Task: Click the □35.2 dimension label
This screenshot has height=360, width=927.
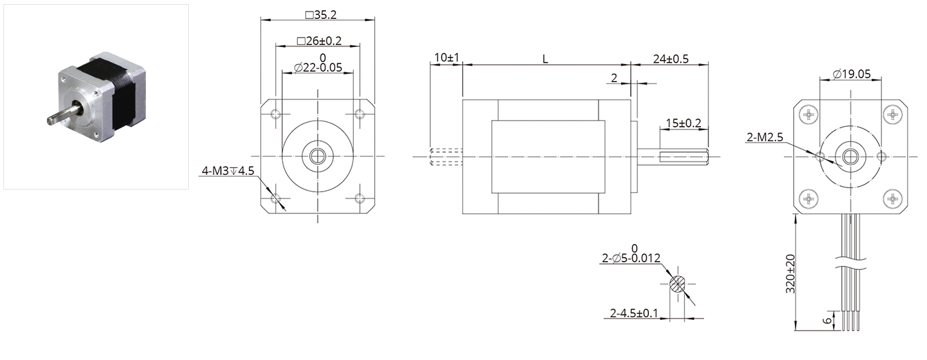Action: point(321,15)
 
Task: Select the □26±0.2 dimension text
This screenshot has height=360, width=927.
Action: point(319,41)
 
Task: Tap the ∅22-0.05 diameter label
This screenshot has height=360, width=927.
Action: point(318,67)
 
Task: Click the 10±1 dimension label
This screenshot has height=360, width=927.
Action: point(446,57)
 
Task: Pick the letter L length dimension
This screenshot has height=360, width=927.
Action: point(545,59)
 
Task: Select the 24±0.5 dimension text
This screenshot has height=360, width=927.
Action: point(671,59)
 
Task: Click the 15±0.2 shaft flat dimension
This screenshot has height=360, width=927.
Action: point(683,123)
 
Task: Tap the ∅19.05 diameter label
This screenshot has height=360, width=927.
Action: point(852,74)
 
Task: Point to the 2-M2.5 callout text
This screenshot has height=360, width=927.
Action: point(765,137)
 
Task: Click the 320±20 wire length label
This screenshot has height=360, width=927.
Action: point(791,273)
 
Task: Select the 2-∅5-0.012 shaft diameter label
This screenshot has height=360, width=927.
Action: point(631,258)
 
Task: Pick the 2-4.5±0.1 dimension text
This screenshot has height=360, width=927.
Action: point(634,313)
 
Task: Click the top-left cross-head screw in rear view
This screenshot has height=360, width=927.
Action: point(808,115)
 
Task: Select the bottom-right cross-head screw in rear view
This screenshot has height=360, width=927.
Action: point(893,199)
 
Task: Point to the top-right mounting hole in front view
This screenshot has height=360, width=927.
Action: point(360,114)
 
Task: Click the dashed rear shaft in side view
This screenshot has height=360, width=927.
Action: point(446,157)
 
